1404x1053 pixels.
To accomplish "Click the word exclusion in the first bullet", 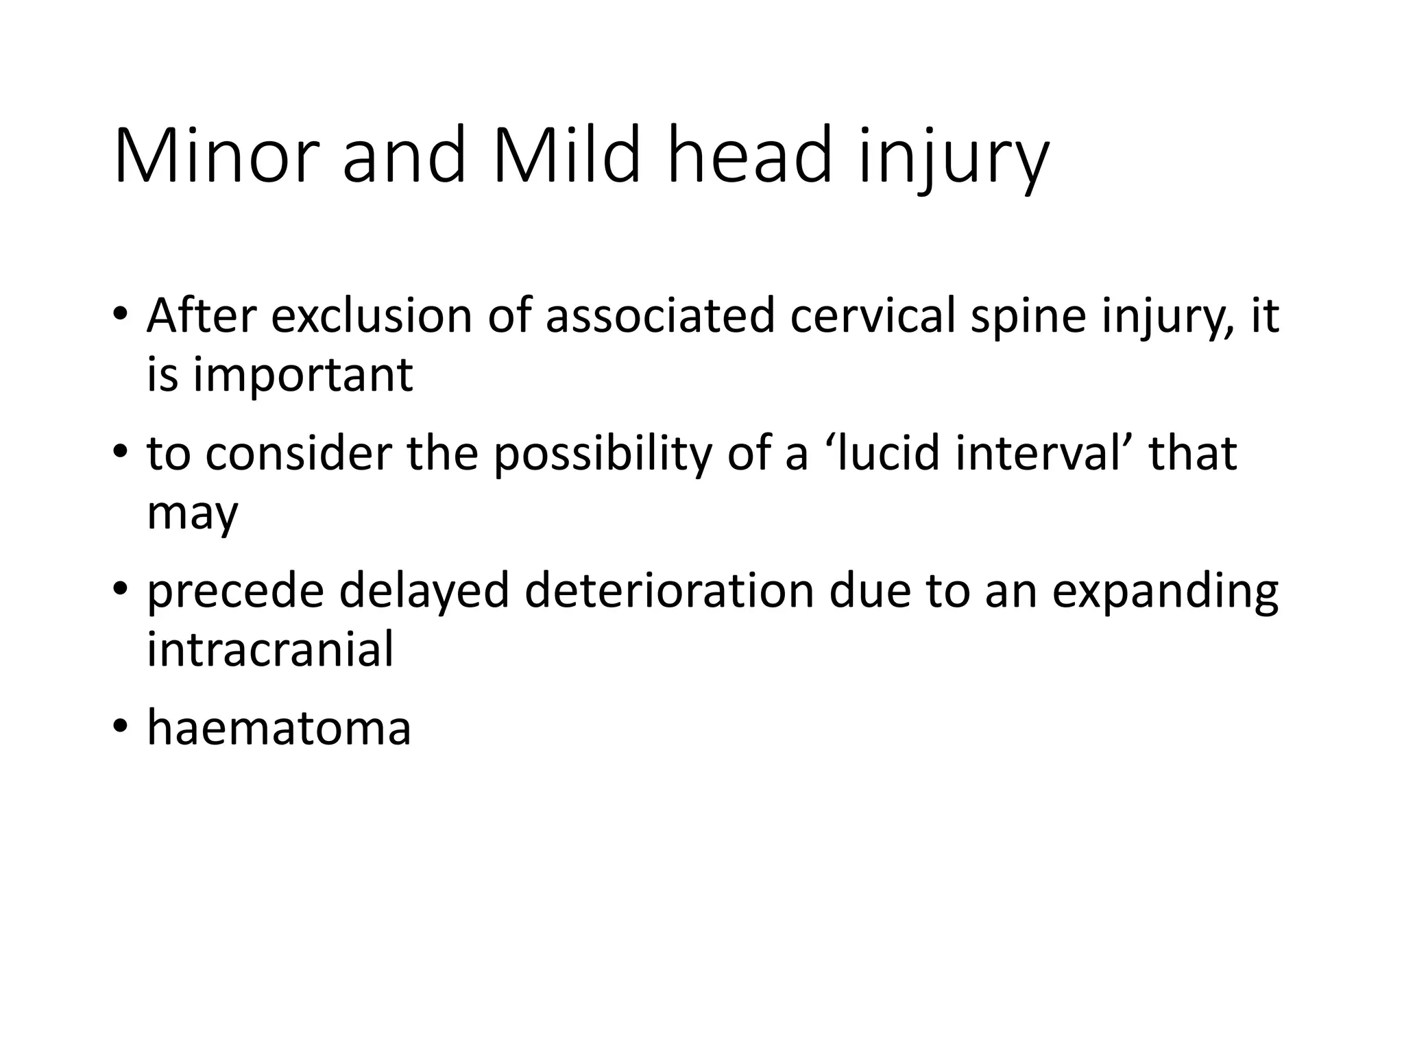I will click(371, 316).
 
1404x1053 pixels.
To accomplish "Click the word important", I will click(302, 376).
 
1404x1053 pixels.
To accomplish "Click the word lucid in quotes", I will click(881, 454).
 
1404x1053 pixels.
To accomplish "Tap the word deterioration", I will click(668, 591).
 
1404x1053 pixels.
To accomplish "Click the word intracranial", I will click(270, 649).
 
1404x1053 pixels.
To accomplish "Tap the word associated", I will click(660, 316).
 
